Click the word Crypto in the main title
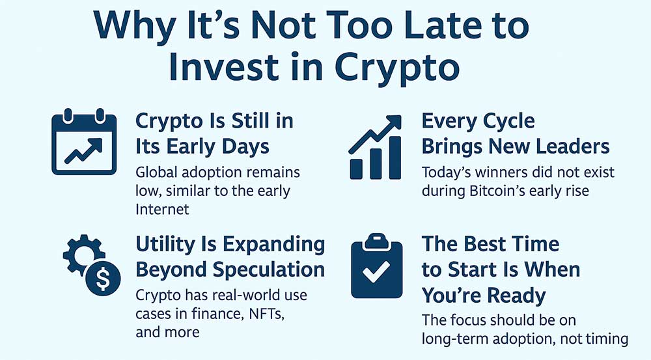(x=397, y=68)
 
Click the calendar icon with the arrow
(x=84, y=142)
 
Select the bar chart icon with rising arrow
(x=376, y=147)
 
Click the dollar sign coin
(x=103, y=278)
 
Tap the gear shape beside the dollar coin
(x=81, y=254)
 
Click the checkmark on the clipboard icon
(x=376, y=271)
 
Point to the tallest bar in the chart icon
(x=395, y=158)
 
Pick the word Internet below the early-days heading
(x=162, y=209)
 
